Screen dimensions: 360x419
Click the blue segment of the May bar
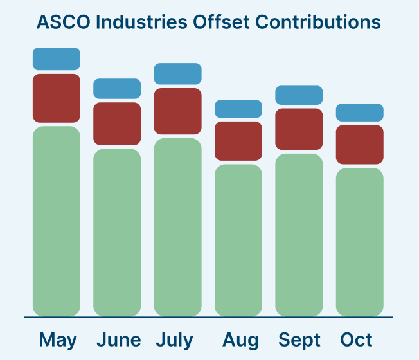tap(57, 59)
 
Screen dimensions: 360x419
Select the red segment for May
tap(57, 98)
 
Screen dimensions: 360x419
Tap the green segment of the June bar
tap(117, 232)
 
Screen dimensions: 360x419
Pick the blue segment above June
tap(117, 89)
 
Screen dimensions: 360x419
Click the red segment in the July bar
tap(178, 111)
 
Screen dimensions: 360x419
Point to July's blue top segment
tap(178, 74)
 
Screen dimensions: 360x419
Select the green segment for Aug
tap(238, 240)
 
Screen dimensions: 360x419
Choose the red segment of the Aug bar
tap(238, 141)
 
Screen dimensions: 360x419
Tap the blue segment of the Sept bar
tap(299, 95)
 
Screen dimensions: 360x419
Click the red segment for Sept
tap(299, 129)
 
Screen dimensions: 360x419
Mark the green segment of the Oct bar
tap(360, 242)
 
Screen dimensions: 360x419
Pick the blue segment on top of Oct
tap(360, 113)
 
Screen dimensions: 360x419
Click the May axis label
tap(58, 339)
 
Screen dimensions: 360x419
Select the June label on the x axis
tap(118, 339)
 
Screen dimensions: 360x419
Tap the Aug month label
tap(240, 340)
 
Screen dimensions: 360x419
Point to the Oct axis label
tap(356, 339)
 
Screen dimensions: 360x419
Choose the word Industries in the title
tap(138, 22)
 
